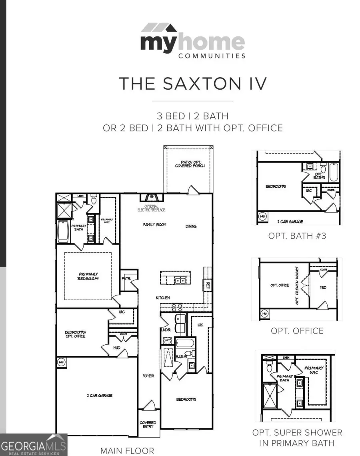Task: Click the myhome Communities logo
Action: click(x=192, y=41)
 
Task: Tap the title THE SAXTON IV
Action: click(x=192, y=84)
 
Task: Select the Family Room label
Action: click(x=154, y=225)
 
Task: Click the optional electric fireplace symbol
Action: click(x=151, y=197)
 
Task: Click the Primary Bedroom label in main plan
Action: click(x=88, y=276)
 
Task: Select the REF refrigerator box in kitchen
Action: click(x=208, y=285)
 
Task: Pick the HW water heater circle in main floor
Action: click(x=61, y=362)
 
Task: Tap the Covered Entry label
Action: click(x=148, y=425)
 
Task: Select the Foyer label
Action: click(x=148, y=376)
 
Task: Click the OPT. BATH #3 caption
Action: click(x=297, y=236)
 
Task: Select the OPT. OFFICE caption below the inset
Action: click(x=297, y=331)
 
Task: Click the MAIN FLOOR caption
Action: click(x=127, y=450)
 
